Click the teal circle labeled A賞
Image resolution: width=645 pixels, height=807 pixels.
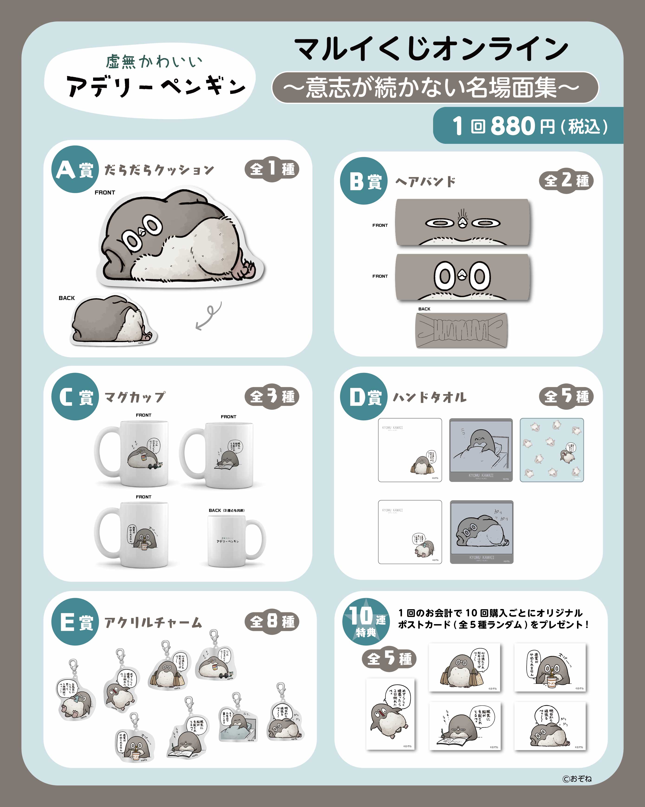point(75,169)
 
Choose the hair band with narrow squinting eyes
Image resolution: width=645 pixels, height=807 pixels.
point(463,223)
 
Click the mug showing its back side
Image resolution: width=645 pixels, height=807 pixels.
point(236,540)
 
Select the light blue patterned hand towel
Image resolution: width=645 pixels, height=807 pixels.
point(551,450)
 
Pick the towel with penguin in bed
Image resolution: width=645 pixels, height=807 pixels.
point(480,450)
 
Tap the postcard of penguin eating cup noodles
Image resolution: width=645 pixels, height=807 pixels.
point(550,667)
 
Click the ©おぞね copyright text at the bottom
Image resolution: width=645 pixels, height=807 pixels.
point(577,779)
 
